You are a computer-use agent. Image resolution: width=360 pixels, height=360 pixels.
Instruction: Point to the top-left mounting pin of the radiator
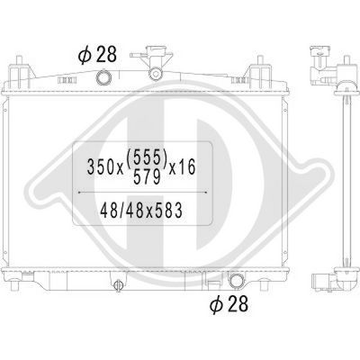(21, 65)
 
